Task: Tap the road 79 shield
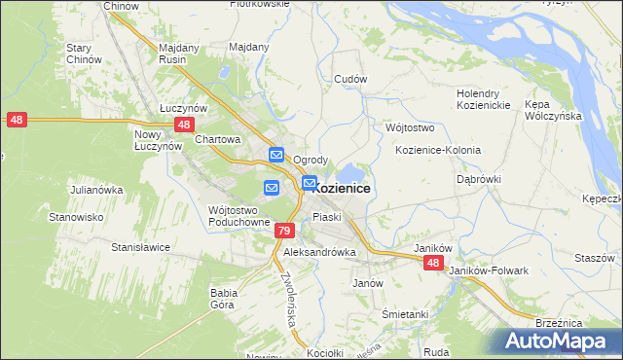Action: coord(283,231)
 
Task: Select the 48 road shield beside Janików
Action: coord(433,264)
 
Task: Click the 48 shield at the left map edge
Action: coord(16,120)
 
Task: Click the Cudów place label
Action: coord(349,79)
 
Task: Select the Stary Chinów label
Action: coord(85,54)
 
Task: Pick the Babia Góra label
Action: coord(224,298)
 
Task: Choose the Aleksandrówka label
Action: coord(319,251)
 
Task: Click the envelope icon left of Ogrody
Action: coord(276,155)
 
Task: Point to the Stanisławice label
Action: coord(140,247)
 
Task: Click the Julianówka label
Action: coord(94,190)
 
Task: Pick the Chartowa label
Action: coord(217,139)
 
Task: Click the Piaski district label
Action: coord(326,217)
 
